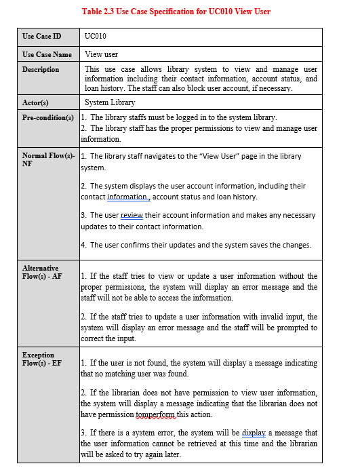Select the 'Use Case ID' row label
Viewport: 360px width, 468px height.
pyautogui.click(x=41, y=36)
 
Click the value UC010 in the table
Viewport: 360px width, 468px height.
pyautogui.click(x=96, y=36)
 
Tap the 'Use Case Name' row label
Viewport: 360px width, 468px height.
pyautogui.click(x=47, y=54)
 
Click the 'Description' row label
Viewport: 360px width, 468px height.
pyautogui.click(x=41, y=69)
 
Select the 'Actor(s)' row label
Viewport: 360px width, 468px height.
pyautogui.click(x=36, y=103)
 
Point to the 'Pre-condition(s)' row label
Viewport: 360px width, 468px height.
pyautogui.click(x=48, y=118)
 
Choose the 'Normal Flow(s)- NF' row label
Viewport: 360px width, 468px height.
pyautogui.click(x=48, y=160)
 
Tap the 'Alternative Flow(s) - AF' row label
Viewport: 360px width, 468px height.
pyautogui.click(x=41, y=272)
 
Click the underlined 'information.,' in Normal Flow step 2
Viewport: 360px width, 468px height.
pyautogui.click(x=129, y=197)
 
